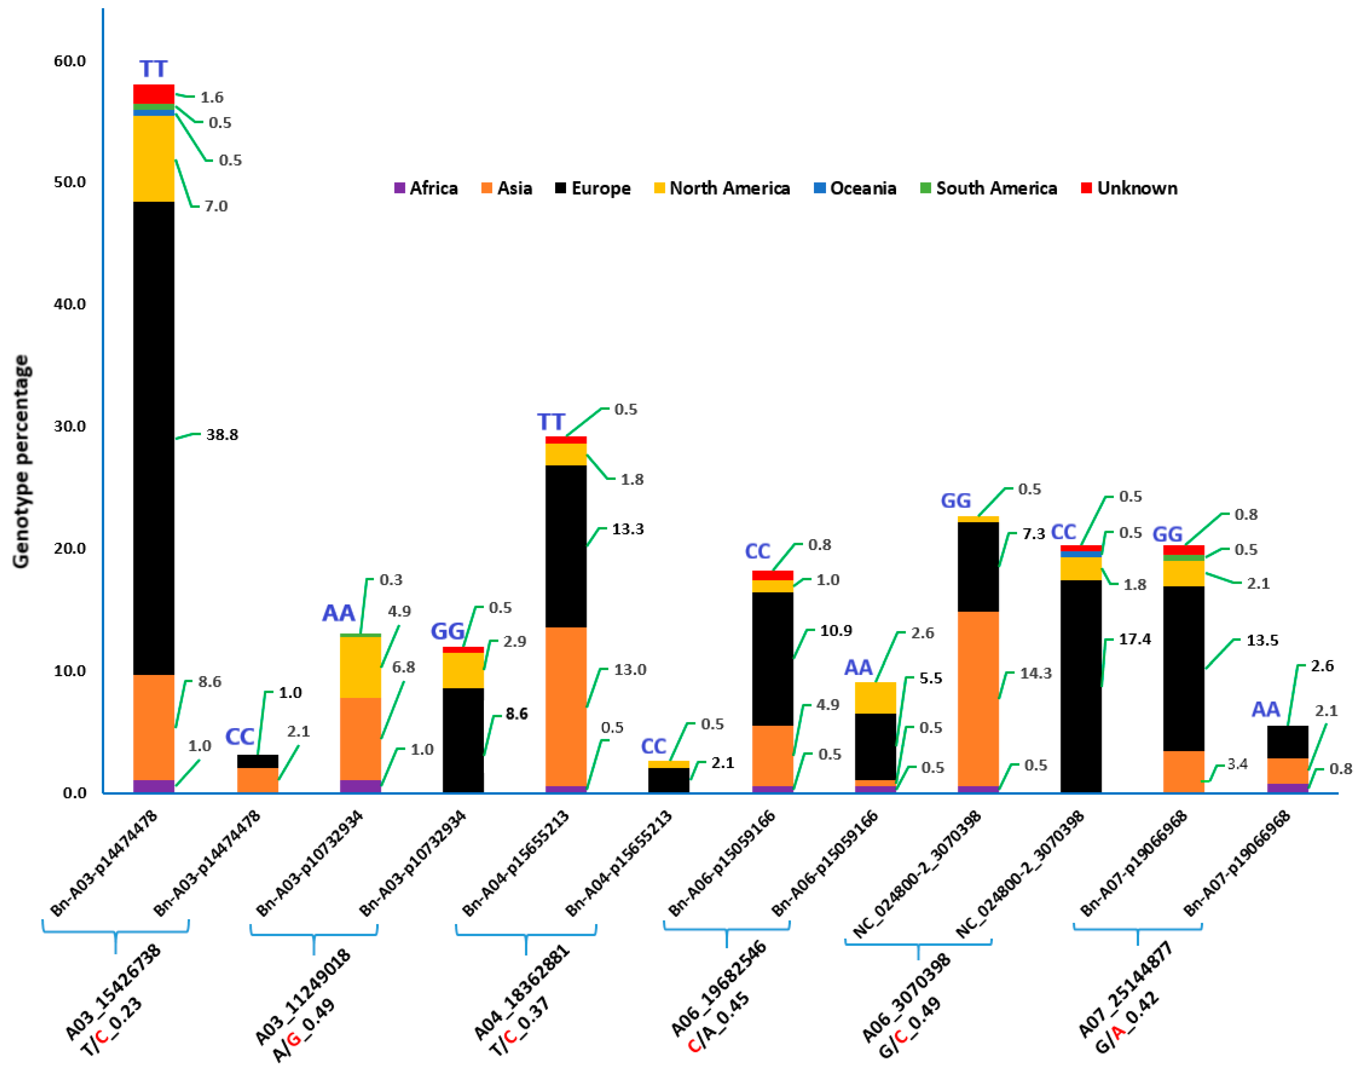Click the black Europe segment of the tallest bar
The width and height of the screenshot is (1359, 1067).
coord(154,437)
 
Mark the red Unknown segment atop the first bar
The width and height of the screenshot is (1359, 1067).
coord(154,94)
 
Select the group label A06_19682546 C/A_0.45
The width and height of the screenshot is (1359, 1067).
coord(718,999)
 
